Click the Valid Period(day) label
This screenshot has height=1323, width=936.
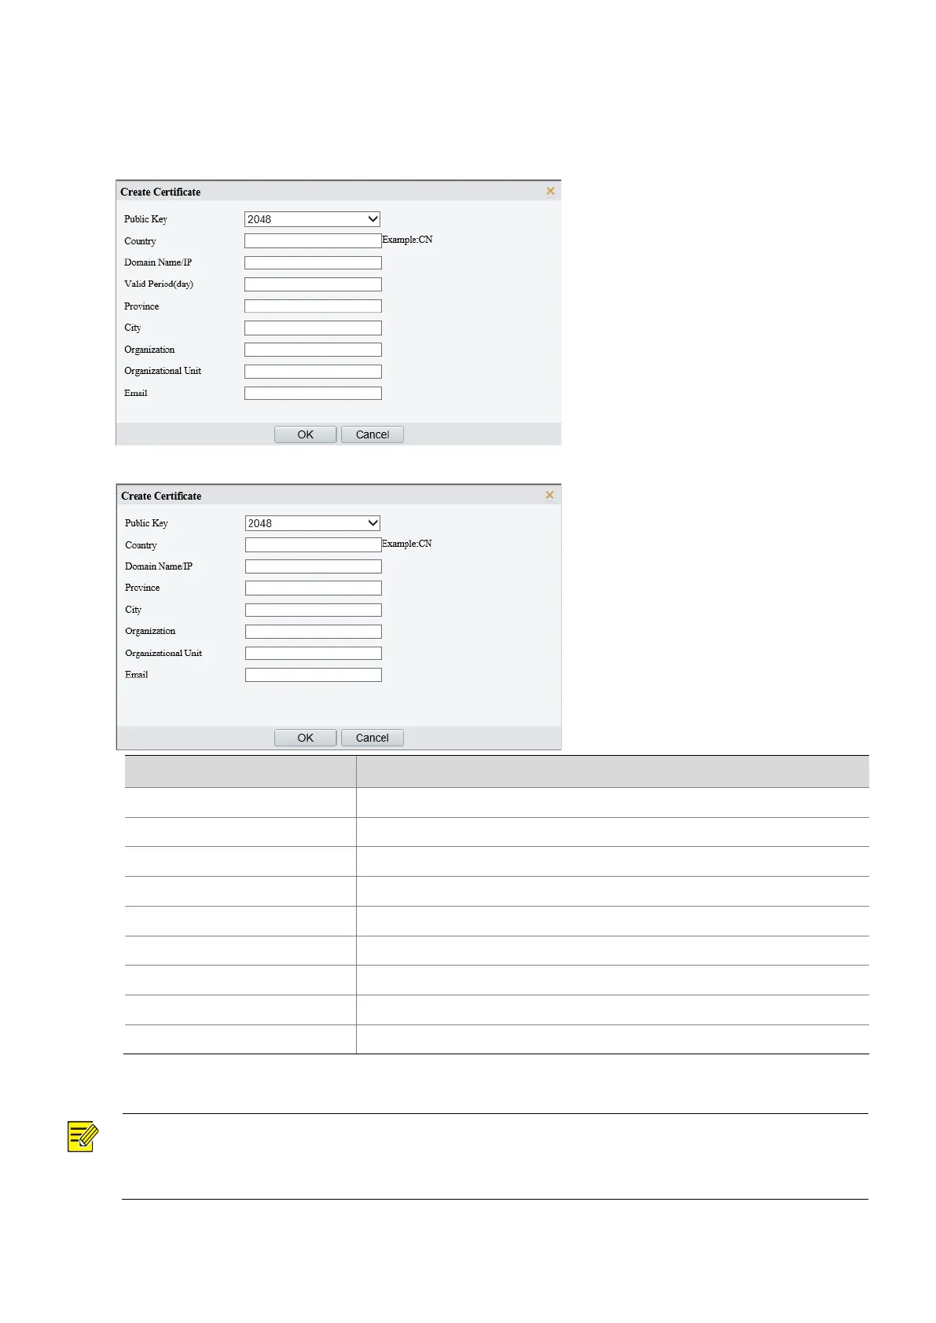158,284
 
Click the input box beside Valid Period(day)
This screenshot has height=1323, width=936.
313,284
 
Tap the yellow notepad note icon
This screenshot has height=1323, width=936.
83,1137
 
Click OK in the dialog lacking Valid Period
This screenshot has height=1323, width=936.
305,738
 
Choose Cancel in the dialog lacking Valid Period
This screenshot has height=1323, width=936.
372,738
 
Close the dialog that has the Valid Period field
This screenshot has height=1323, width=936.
550,191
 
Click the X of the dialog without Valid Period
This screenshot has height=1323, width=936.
549,495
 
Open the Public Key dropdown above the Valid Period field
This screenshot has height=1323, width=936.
312,219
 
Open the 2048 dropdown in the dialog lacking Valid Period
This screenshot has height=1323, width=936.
313,523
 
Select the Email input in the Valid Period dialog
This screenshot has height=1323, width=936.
313,393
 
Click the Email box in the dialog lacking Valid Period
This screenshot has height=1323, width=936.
313,675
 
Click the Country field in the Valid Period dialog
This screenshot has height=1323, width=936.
313,241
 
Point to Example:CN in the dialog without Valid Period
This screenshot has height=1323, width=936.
406,544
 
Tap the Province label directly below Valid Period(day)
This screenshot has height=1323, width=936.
141,306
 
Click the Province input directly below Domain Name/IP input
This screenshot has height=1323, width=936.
313,588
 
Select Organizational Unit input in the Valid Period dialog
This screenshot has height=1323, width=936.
313,372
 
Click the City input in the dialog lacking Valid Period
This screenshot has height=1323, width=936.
313,610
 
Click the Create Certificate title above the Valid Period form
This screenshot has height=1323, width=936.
160,192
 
